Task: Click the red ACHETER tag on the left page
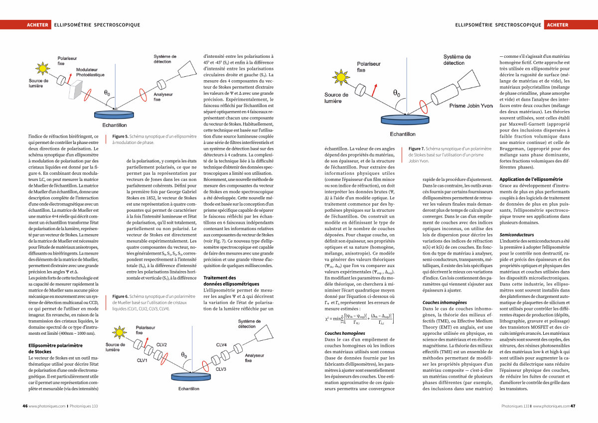click(38, 25)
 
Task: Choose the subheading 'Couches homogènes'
click(344, 333)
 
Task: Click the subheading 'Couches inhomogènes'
click(445, 302)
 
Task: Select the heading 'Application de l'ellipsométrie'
click(531, 179)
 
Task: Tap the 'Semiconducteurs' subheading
click(516, 234)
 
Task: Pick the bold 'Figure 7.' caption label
click(417, 148)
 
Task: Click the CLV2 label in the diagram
click(162, 345)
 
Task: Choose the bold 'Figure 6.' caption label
click(121, 296)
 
